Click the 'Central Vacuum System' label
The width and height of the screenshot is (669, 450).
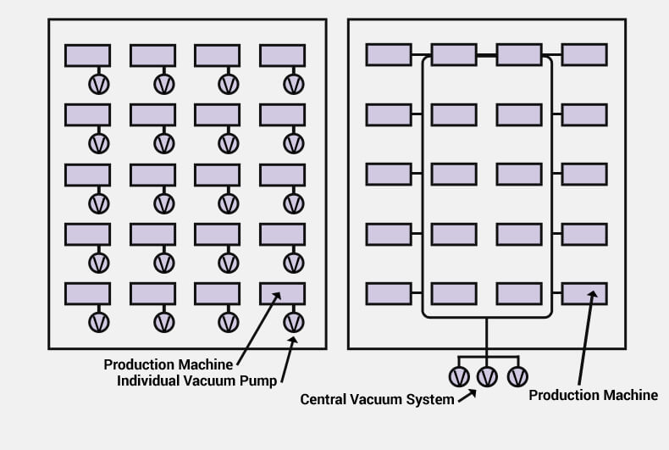(x=377, y=400)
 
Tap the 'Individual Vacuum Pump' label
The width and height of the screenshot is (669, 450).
(x=197, y=381)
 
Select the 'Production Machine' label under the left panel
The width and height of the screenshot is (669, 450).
(x=169, y=364)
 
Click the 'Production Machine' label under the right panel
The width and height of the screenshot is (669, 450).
(x=593, y=395)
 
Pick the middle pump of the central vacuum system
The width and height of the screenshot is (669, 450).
(x=487, y=377)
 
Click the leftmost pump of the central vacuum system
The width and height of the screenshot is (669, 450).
(x=459, y=377)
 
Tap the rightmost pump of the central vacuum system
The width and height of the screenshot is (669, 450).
(x=518, y=377)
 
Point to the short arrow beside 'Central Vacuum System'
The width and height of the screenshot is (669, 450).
(x=467, y=396)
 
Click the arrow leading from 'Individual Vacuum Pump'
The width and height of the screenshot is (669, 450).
(x=289, y=359)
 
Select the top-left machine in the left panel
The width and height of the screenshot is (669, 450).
(x=88, y=55)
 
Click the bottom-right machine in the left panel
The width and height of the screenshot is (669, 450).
(x=283, y=294)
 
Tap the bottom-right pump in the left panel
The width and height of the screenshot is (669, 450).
(x=294, y=322)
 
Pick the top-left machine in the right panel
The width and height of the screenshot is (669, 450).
(x=389, y=54)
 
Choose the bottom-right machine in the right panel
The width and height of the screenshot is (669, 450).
(x=584, y=294)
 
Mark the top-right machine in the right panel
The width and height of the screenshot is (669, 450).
(x=584, y=54)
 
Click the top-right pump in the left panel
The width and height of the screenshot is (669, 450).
(x=294, y=84)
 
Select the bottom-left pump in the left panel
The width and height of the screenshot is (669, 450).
(x=99, y=322)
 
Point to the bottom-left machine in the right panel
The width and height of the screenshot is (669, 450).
(x=389, y=294)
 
